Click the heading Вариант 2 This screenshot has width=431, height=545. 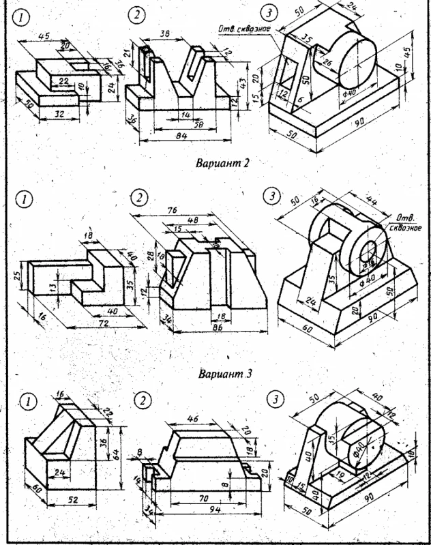click(x=220, y=164)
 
